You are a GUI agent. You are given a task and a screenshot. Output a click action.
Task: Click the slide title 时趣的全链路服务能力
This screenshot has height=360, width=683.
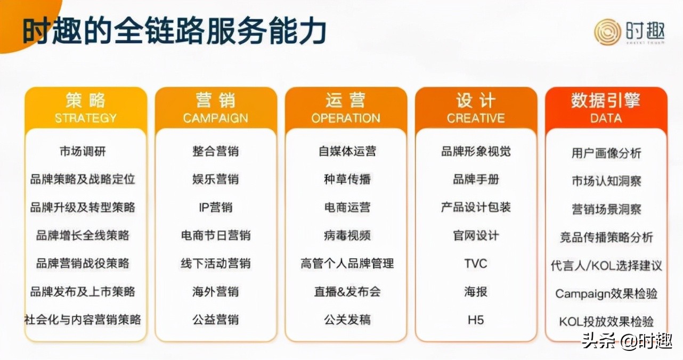pos(174,31)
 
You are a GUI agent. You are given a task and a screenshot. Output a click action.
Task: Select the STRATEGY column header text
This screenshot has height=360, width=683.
pos(85,118)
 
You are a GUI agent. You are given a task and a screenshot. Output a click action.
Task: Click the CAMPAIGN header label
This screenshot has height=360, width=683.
pos(215,118)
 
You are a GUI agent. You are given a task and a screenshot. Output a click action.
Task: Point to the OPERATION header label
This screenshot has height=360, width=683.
pos(346,118)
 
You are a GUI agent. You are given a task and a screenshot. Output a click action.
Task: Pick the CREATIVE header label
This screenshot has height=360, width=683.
pos(476,118)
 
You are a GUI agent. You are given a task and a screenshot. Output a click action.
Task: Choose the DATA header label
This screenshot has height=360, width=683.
pos(606,118)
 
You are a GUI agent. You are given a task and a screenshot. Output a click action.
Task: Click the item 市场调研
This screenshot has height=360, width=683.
pos(83,151)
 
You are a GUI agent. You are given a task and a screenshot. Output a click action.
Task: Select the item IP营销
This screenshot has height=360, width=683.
pos(215,207)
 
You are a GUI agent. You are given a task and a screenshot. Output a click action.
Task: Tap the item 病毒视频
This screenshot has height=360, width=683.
pos(347,235)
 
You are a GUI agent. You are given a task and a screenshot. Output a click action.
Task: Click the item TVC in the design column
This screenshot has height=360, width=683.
pos(475,264)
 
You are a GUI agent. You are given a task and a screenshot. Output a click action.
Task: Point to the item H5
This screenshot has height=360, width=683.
pos(475,320)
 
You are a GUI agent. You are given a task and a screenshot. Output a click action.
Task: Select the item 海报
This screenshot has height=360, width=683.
pos(475,292)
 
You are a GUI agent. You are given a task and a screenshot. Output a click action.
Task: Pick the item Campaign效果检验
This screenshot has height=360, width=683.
pos(606,293)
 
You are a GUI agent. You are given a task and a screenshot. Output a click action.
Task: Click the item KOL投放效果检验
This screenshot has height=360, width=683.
pos(606,322)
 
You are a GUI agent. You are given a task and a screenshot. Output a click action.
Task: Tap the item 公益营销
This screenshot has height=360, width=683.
pos(215,320)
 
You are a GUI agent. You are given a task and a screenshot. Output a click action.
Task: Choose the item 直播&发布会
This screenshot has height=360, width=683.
pos(347,292)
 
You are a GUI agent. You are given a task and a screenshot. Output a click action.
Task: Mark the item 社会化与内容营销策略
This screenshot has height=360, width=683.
pos(83,320)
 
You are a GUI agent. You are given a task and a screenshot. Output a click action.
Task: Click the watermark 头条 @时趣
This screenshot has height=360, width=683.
pos(627,340)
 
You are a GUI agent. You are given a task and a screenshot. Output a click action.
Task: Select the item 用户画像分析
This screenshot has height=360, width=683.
pos(606,153)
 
